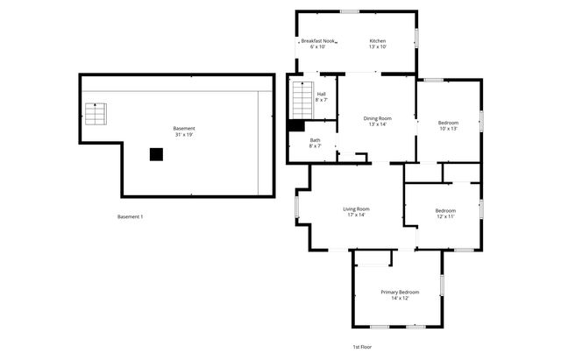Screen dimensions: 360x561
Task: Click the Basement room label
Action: click(184, 129)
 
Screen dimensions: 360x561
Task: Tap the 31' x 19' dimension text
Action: click(184, 135)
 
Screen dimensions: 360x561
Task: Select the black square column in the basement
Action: click(156, 154)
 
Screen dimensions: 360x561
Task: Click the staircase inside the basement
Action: click(95, 114)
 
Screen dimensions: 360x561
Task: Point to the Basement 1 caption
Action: click(130, 216)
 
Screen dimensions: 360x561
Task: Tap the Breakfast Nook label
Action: click(318, 41)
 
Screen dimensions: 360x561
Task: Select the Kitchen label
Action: click(378, 41)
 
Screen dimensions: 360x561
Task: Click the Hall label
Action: click(321, 95)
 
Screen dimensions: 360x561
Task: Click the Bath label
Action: click(315, 140)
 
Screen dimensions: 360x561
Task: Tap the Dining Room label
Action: click(378, 118)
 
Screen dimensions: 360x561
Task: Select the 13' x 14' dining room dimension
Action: click(378, 124)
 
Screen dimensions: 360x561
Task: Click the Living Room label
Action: click(356, 208)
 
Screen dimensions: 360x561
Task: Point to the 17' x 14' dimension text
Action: click(356, 215)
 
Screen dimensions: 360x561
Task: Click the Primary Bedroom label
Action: click(400, 292)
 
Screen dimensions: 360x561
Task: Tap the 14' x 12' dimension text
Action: click(400, 298)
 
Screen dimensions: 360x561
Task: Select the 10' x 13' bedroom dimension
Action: click(449, 129)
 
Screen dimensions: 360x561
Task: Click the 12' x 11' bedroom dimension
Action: click(445, 216)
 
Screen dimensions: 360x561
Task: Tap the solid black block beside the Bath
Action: click(296, 125)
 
